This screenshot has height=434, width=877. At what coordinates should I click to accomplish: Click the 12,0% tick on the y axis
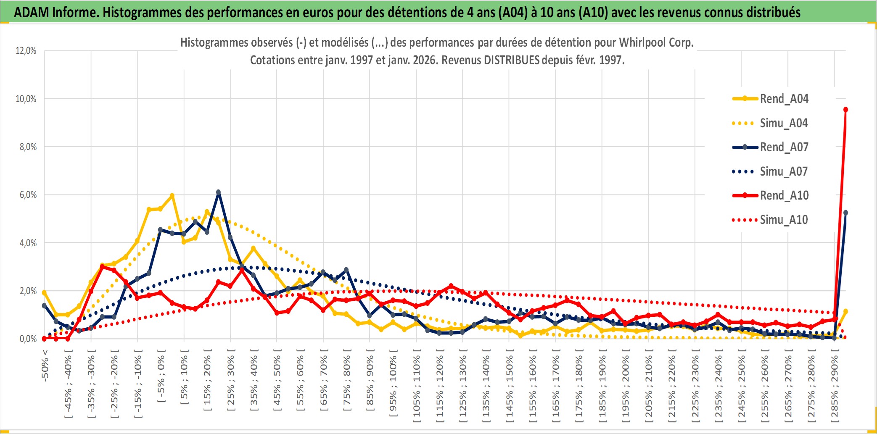point(26,51)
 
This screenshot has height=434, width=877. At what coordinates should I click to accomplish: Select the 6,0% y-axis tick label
point(28,195)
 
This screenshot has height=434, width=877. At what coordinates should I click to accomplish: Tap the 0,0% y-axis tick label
point(28,339)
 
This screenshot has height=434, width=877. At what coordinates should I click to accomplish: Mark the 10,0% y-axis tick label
point(26,99)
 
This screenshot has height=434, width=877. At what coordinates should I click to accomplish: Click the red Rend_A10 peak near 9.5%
point(845,110)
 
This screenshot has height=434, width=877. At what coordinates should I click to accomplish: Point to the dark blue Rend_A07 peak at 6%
point(218,192)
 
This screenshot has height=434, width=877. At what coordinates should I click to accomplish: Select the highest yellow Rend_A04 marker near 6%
point(172,196)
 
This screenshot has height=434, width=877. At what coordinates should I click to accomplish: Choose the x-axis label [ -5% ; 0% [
point(161,378)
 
